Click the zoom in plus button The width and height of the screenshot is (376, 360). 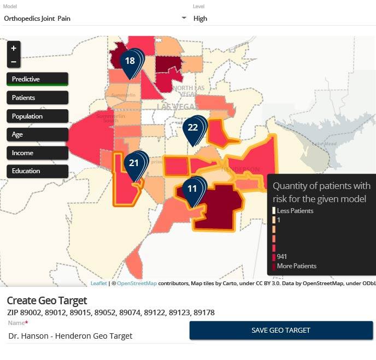click(14, 48)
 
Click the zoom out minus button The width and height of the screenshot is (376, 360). click(14, 61)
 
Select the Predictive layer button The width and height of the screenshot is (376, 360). click(37, 79)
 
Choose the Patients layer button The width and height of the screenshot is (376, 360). click(37, 98)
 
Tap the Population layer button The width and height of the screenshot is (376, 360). click(37, 116)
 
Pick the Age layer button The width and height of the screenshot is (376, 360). click(37, 134)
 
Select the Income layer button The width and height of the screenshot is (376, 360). click(37, 153)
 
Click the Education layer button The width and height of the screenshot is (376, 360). click(37, 171)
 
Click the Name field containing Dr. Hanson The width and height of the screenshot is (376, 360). click(98, 336)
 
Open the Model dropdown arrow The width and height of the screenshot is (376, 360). click(184, 18)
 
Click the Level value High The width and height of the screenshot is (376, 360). click(201, 19)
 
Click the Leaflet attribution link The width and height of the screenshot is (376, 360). click(98, 284)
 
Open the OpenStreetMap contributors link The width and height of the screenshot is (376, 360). click(137, 284)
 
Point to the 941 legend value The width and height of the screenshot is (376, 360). click(282, 257)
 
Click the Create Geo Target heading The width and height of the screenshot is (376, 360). click(47, 300)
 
